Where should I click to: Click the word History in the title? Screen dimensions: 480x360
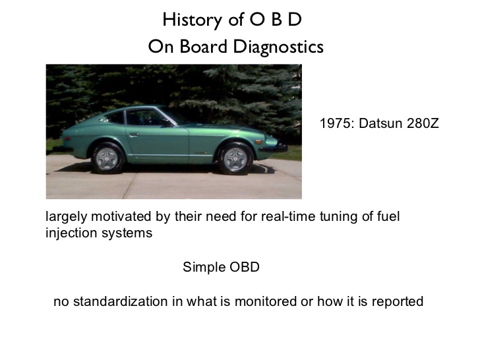coord(192,20)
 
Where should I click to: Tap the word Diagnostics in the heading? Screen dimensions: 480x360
coord(278,47)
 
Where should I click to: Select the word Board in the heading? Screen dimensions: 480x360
coord(203,47)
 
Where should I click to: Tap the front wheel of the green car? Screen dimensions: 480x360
coord(235,158)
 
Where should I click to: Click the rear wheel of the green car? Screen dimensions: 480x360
coord(107,158)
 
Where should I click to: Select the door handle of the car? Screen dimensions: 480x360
coord(134,135)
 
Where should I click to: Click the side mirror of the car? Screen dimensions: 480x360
coord(167,123)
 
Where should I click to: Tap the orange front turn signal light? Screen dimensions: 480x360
coord(258,142)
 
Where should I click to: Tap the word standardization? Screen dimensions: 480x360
coord(120,301)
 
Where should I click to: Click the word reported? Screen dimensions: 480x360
coord(398,302)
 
